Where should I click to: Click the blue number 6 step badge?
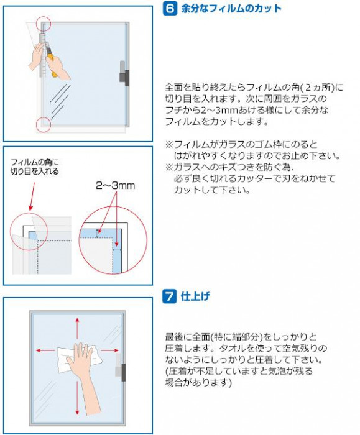pos(170,9)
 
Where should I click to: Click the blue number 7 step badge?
pos(170,296)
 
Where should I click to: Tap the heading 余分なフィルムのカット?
pos(231,9)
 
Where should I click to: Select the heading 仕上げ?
pos(195,296)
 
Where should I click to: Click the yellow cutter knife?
pos(52,60)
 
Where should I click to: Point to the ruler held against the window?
pos(42,55)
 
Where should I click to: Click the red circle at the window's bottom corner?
pos(44,124)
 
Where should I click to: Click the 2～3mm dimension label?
pos(116,185)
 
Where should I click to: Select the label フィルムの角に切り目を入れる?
pos(34,167)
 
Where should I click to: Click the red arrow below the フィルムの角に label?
pos(32,196)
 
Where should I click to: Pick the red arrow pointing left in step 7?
pos(45,350)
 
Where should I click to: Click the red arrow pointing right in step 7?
pos(109,350)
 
